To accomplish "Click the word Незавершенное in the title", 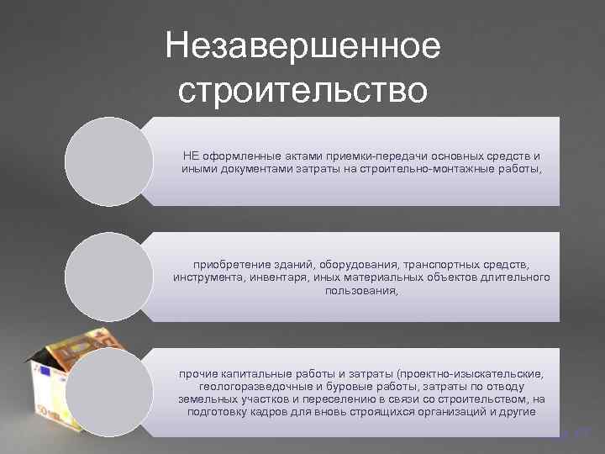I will (302, 46).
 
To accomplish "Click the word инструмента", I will (208, 277).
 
